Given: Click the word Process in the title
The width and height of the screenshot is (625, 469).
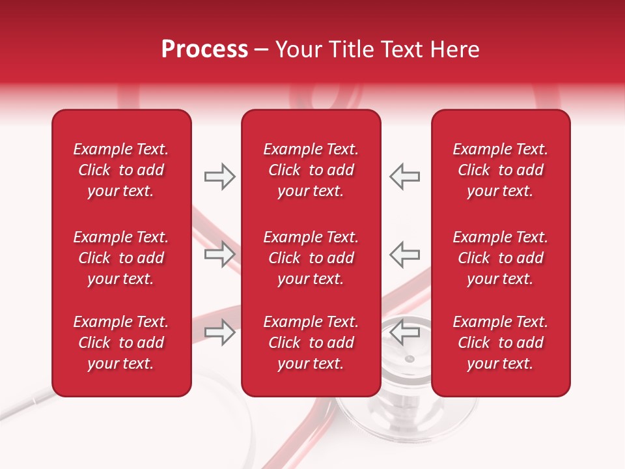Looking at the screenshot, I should (x=204, y=50).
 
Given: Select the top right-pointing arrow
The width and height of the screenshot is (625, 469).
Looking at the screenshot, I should (x=220, y=177).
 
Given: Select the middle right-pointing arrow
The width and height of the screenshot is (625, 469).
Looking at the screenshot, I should (x=220, y=254).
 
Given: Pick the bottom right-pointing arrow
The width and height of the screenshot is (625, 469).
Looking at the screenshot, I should (x=220, y=332).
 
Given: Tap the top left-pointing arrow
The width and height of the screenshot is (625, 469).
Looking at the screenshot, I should (x=404, y=177).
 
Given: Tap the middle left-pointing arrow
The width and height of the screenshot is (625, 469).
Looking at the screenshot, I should (x=404, y=254).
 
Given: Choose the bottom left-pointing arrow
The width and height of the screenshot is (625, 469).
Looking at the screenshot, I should (x=404, y=332).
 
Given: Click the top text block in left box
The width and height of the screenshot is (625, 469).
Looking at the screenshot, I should (x=121, y=170).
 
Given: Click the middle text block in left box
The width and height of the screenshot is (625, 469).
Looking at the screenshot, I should (x=121, y=258).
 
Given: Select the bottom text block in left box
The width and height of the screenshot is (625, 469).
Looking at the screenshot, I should (x=121, y=343).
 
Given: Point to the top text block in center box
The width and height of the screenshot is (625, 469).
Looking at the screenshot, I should (x=311, y=170).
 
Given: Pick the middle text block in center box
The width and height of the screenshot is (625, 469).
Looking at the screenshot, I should (x=311, y=258).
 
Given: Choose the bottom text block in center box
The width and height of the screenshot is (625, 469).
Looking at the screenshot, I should (x=311, y=343).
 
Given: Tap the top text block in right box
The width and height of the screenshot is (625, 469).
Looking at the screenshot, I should (x=500, y=170).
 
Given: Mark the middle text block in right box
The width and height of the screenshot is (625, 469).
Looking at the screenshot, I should (x=500, y=258).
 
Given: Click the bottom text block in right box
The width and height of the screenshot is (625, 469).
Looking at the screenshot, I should (x=500, y=343).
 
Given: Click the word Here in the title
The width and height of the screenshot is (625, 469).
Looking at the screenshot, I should (x=456, y=50).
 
